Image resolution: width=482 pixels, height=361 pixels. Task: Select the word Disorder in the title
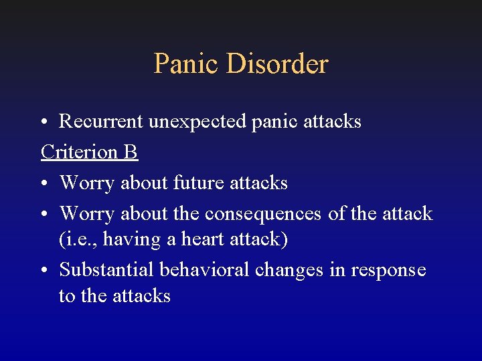click(277, 64)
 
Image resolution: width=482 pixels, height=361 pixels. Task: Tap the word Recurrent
click(101, 122)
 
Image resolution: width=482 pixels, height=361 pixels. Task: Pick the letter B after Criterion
click(131, 152)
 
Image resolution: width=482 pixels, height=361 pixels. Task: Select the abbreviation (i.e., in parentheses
click(78, 239)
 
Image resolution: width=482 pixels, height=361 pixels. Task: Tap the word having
click(129, 240)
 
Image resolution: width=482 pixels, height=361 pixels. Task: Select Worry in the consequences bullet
click(87, 214)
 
